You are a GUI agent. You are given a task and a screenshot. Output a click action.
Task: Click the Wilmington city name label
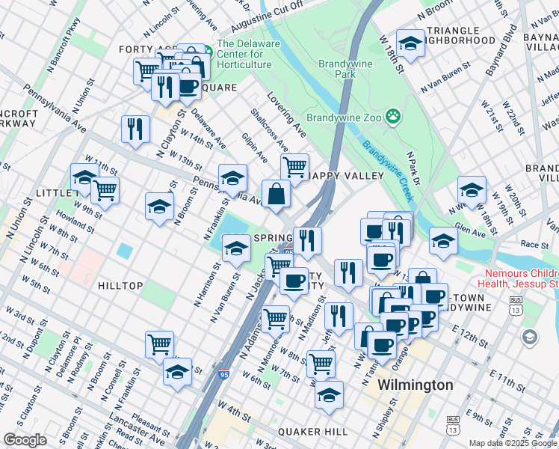[x=415, y=385]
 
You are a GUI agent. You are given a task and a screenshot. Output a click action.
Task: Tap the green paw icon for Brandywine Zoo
[x=393, y=117]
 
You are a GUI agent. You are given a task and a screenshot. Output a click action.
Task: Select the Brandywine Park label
[x=345, y=70]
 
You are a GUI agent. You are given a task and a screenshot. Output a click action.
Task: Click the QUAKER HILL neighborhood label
[x=312, y=432]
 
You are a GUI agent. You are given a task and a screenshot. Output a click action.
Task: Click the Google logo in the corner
[x=25, y=439]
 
